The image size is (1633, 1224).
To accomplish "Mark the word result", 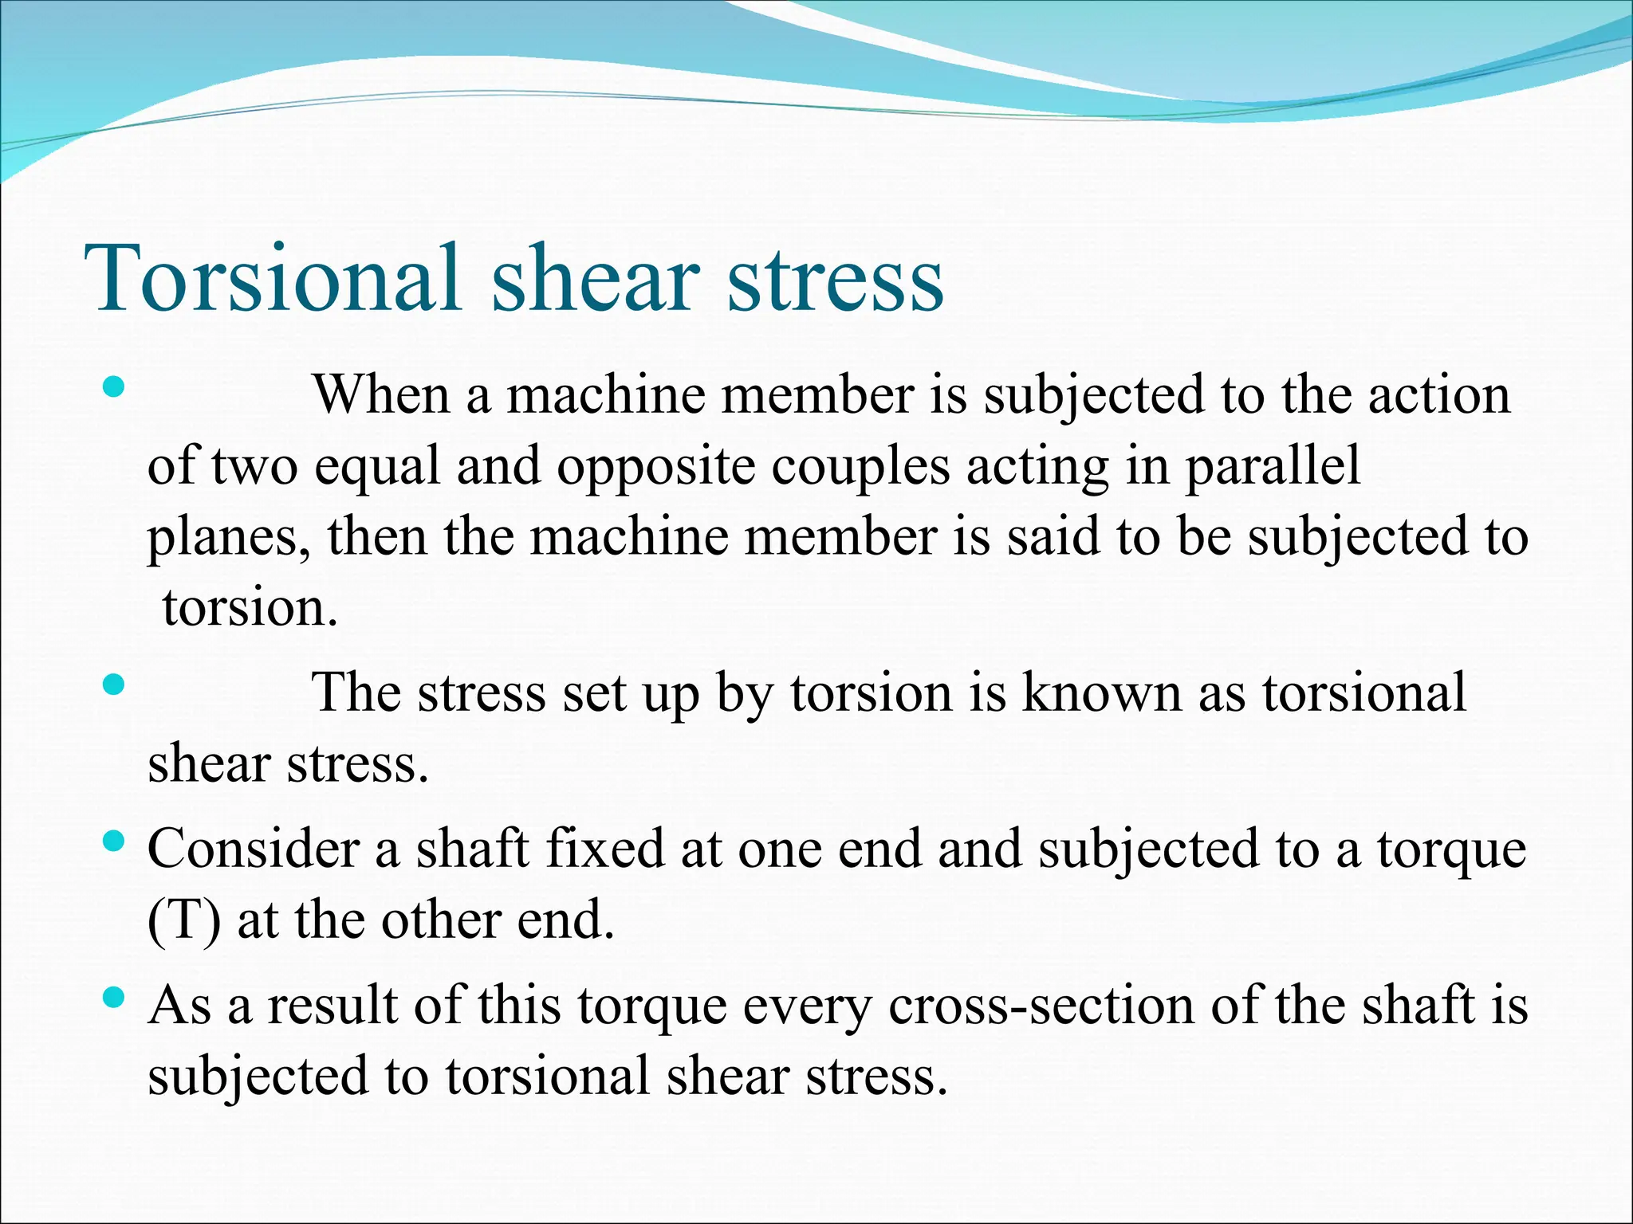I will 333,1005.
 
